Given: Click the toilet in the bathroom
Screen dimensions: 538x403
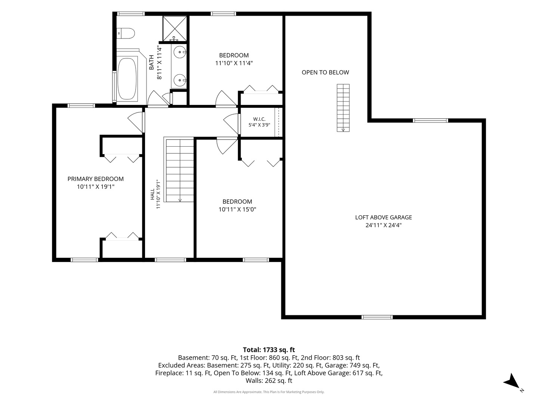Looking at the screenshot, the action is coord(126,33).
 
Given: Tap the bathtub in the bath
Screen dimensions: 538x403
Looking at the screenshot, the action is coord(127,79).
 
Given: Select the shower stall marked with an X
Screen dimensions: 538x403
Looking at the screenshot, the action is coord(175,28).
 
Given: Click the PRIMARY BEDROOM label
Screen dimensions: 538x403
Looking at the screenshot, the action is coord(96,179).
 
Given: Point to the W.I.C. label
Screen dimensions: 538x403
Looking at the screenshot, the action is coord(259,119).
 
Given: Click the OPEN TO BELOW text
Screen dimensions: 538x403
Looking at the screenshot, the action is coord(325,72).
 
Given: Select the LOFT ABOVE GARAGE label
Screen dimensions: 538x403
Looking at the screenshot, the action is coord(384,217).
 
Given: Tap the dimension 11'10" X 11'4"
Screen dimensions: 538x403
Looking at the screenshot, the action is coord(234,63).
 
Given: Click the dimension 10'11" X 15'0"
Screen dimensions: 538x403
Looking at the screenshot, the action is coord(237,209).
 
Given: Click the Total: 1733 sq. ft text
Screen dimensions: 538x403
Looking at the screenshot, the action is coord(269,350).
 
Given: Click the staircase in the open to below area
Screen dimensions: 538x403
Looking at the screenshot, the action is coord(343,108).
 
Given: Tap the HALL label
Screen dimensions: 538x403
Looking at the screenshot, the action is coord(152,194).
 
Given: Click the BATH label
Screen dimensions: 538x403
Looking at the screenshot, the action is coord(151,62).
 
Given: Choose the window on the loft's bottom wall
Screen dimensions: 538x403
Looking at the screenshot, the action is coord(377,317).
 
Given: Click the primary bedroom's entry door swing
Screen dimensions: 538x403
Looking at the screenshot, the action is coord(135,122).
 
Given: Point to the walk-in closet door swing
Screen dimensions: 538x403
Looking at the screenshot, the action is coord(231,124).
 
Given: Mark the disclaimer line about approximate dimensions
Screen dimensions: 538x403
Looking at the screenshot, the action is coord(269,392).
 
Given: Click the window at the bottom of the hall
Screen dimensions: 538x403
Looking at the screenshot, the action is coord(170,260).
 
